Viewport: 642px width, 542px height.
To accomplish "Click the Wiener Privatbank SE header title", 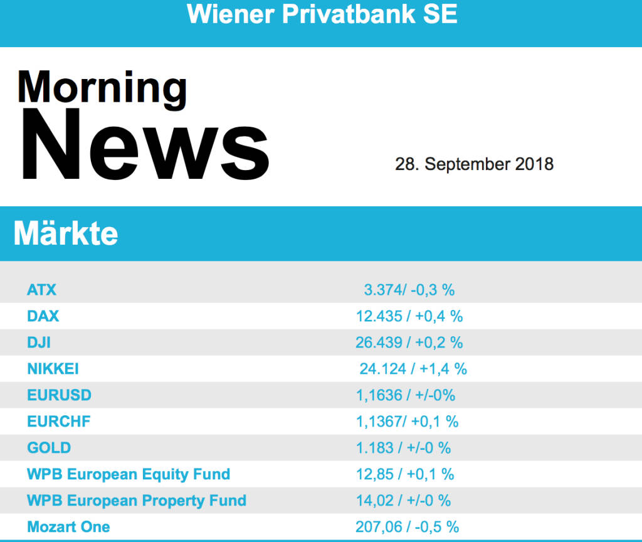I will tap(322, 14).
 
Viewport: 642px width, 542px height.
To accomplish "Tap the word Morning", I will tap(102, 87).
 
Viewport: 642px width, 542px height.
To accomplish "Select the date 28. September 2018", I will tap(474, 164).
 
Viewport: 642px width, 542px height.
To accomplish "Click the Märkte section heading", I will tap(66, 233).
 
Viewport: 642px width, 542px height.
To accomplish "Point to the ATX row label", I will tap(42, 290).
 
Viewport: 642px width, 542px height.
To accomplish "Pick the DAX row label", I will tap(43, 316).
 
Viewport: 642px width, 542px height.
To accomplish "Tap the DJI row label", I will tap(39, 343).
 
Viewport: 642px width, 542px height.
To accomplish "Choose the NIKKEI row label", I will tap(53, 369).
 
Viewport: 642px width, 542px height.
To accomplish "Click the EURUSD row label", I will tap(60, 395).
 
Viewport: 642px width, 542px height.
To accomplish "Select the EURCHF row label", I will tap(59, 422).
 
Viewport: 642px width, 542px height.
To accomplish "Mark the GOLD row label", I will tap(49, 448).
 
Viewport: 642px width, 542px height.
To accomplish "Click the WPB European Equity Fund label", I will tap(129, 474).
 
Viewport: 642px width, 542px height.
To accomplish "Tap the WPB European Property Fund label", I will tap(137, 501).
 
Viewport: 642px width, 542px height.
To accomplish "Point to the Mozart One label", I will tap(68, 527).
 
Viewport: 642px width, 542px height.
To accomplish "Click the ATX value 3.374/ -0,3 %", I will tap(409, 290).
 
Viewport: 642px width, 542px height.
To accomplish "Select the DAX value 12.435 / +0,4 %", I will tap(409, 316).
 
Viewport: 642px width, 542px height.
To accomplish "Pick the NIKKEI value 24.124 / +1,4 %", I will tap(413, 369).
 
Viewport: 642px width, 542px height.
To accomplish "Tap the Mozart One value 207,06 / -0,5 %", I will tap(407, 527).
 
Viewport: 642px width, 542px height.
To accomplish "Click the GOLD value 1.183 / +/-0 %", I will tap(403, 448).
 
